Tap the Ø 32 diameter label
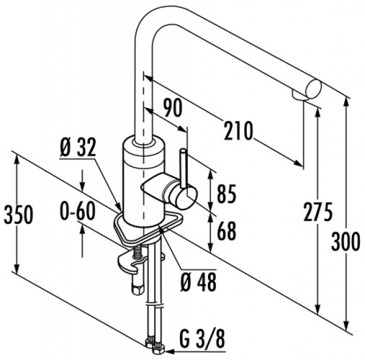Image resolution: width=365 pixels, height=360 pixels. pyautogui.click(x=77, y=148)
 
